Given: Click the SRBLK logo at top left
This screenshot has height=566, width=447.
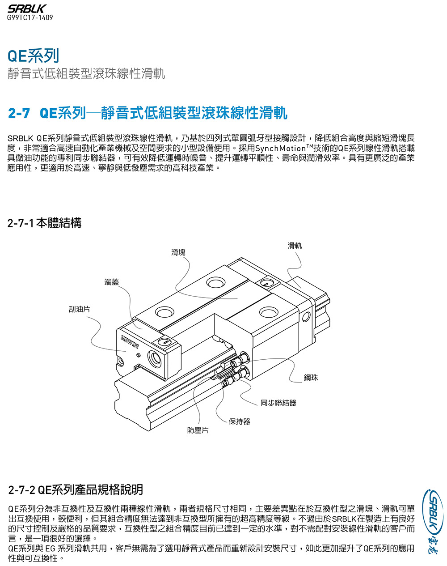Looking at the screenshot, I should tap(27, 9).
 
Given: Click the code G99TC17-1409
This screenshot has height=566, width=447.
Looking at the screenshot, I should tap(30, 18).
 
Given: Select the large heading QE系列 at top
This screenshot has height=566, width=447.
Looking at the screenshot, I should tap(34, 56).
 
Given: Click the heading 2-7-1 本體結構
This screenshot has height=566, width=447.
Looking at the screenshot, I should tap(45, 223).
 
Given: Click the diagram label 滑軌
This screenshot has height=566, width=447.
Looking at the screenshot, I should tap(295, 245).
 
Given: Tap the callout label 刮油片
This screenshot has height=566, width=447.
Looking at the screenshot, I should tap(79, 309).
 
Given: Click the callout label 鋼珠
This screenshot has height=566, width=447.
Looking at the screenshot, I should tap(311, 378).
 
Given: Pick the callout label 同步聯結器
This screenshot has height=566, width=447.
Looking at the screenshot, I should tap(278, 403).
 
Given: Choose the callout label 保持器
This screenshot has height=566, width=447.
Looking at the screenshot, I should tap(240, 421).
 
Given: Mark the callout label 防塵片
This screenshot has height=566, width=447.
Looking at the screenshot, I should tap(198, 430).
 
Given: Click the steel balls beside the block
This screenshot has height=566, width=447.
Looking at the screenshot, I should tap(237, 367).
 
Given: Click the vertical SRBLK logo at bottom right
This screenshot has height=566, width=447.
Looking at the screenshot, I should tap(434, 521).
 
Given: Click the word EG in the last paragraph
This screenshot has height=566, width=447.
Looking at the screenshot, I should tap(50, 548).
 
